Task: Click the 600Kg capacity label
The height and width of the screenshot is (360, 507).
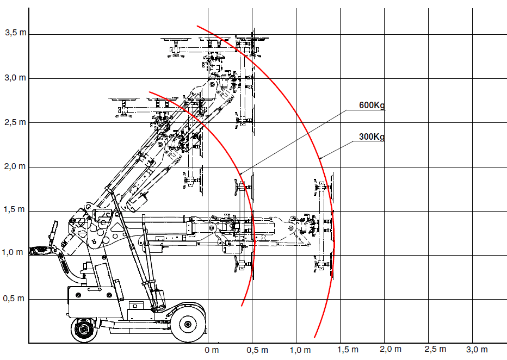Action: (372, 105)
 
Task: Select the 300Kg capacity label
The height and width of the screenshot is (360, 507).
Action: (372, 136)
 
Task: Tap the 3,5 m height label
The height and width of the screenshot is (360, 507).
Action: (16, 33)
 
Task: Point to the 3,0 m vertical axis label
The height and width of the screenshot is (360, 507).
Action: (15, 78)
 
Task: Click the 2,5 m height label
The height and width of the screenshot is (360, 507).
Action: (15, 122)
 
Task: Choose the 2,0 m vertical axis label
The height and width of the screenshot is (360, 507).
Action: (15, 166)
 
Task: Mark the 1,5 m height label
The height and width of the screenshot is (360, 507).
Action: (14, 209)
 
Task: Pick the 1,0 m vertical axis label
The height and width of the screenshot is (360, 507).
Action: (13, 252)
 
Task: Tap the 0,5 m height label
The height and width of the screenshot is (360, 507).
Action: (14, 298)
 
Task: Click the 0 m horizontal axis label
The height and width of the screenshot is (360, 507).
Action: (212, 350)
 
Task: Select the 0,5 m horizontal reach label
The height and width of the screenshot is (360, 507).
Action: (257, 350)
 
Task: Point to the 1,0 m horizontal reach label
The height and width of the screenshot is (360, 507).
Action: (300, 350)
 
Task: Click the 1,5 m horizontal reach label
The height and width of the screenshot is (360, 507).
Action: (348, 350)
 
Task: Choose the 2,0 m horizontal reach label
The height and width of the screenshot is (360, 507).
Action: (391, 349)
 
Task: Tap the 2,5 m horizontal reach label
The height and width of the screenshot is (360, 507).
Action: (435, 349)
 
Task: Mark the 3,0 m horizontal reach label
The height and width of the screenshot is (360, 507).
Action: (477, 350)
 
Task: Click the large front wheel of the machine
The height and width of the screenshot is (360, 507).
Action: (188, 324)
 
